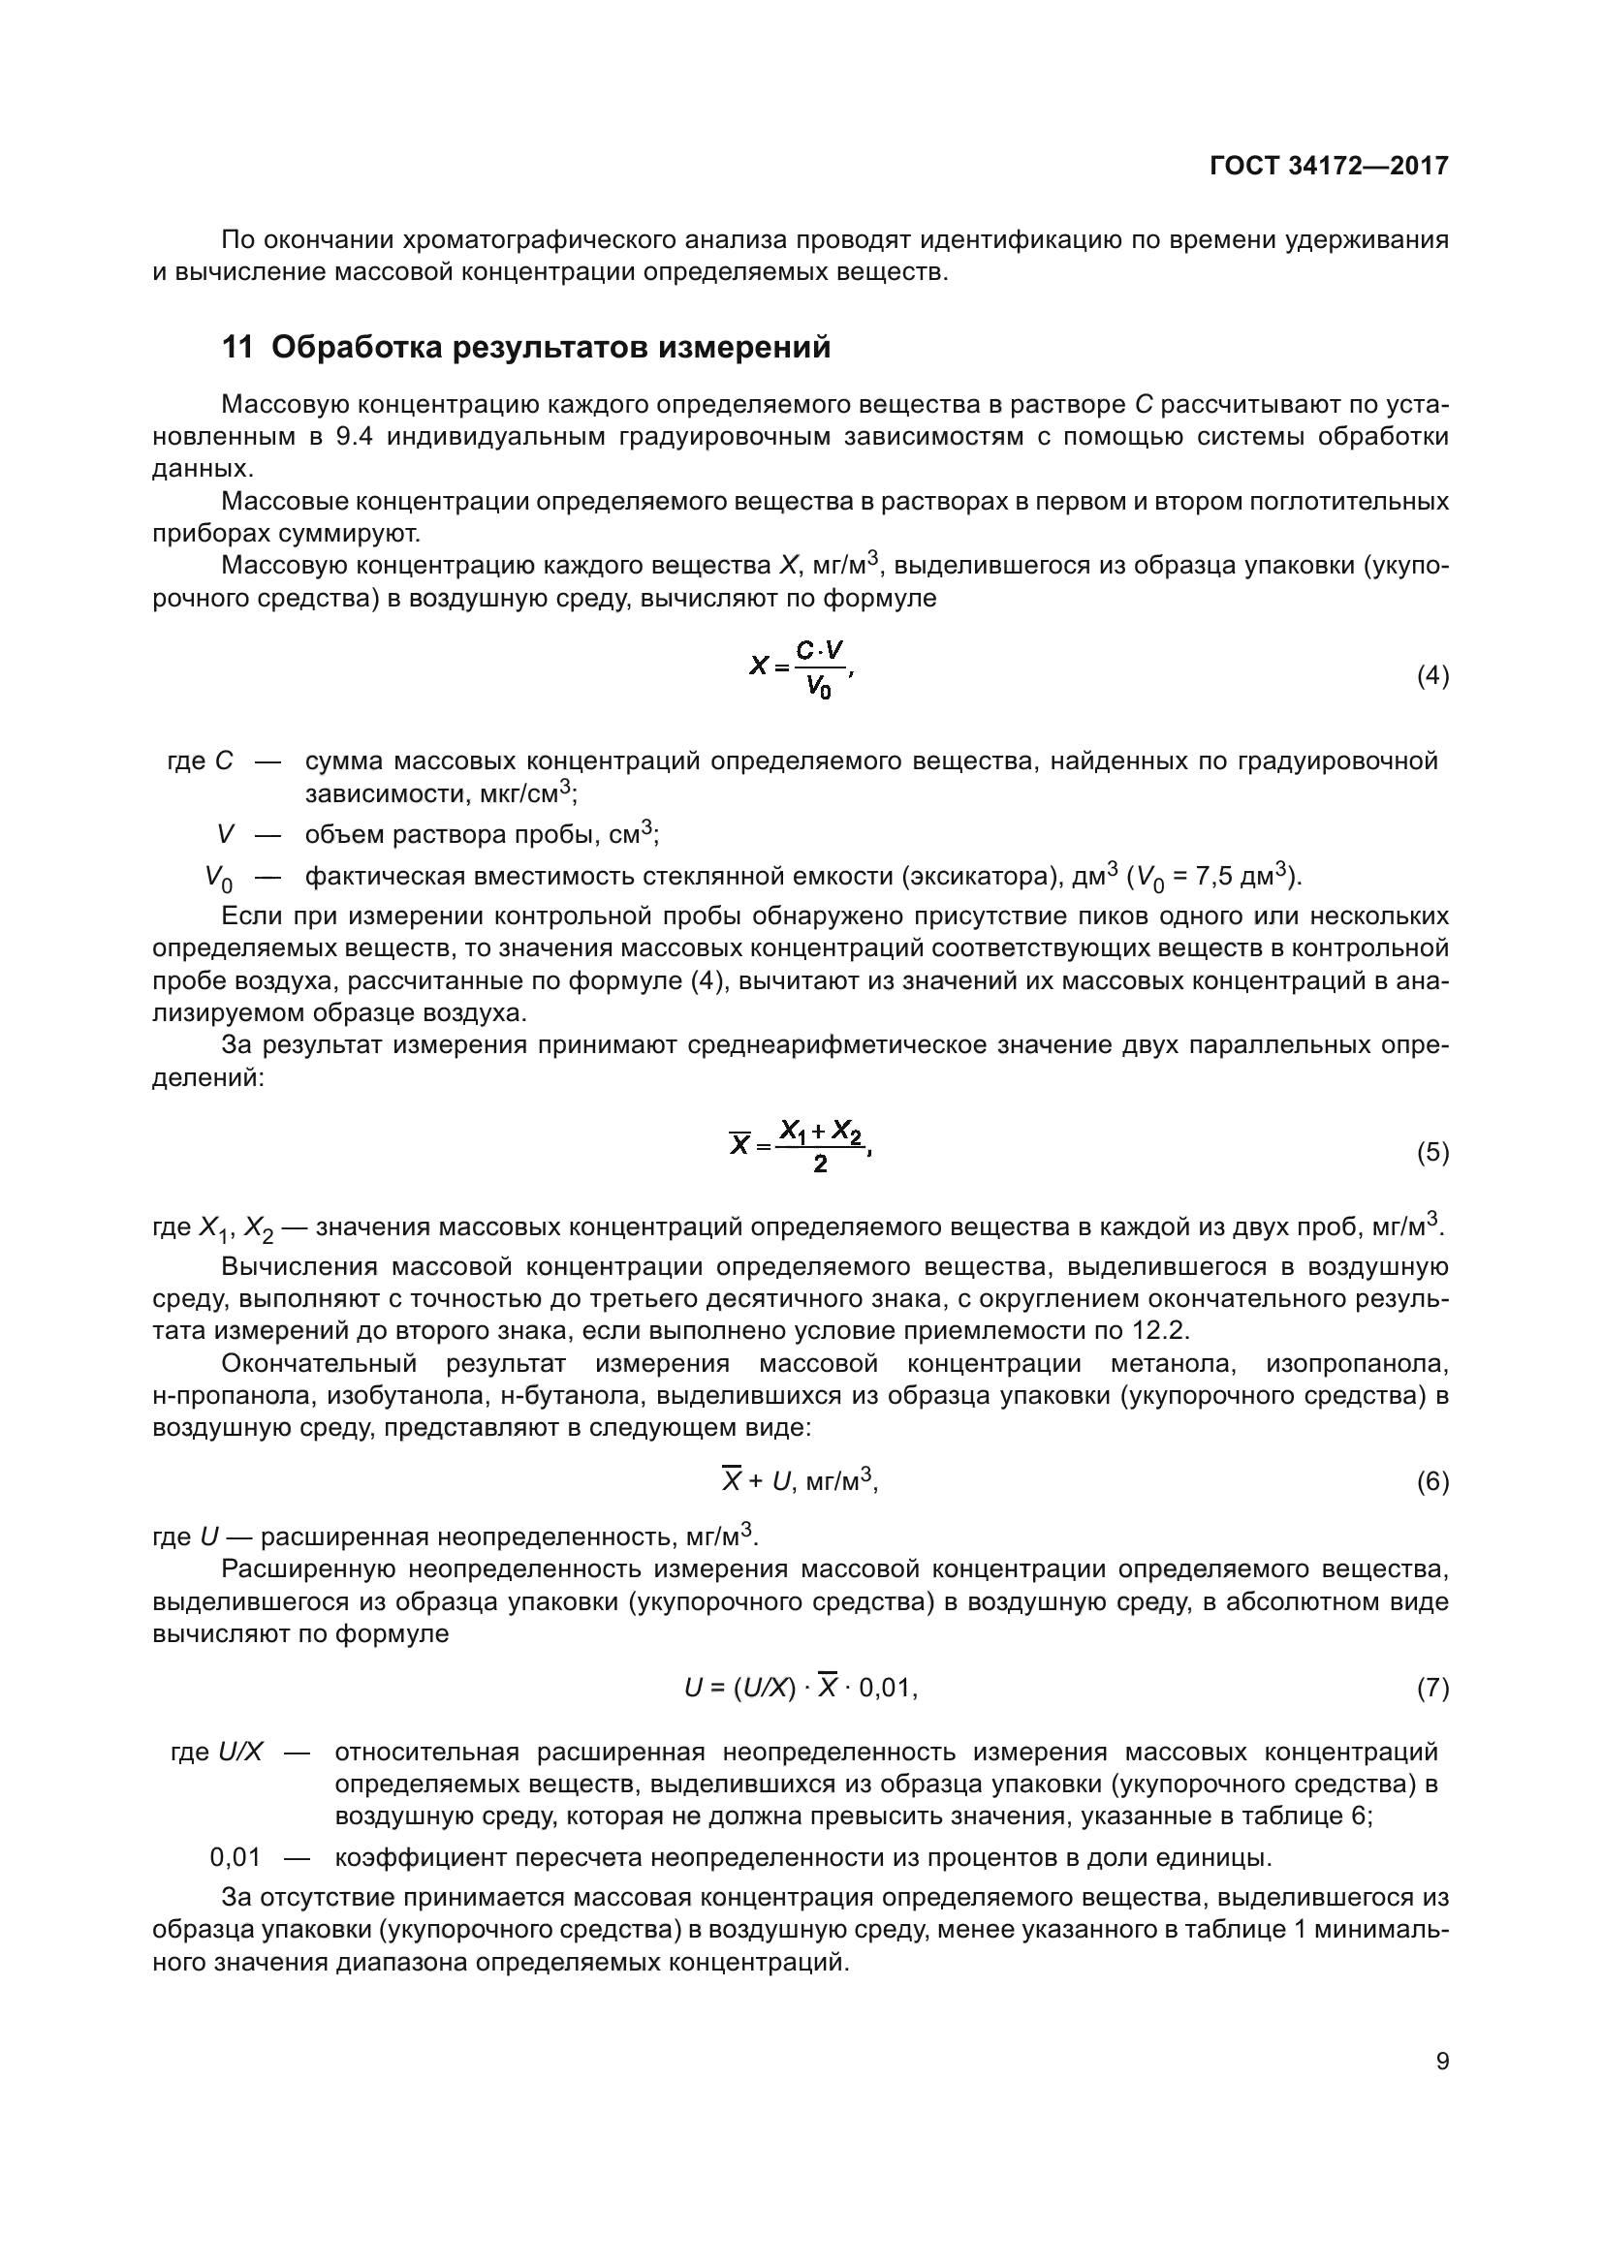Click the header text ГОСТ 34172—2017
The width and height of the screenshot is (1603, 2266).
coord(1329,166)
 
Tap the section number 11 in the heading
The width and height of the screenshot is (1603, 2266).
coord(236,348)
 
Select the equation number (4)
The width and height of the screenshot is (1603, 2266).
coord(1432,676)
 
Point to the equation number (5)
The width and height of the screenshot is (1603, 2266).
coord(1432,1153)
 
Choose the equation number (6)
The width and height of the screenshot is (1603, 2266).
coord(1432,1481)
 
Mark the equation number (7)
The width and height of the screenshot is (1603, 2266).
coord(1432,1689)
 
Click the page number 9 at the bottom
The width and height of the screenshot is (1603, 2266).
coord(1442,2061)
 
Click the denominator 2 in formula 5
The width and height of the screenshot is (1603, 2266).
coord(820,1164)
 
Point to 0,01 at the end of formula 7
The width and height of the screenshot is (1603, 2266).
coord(886,1689)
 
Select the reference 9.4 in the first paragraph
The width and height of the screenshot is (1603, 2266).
coord(354,436)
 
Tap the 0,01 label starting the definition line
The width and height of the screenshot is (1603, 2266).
coord(235,1857)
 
